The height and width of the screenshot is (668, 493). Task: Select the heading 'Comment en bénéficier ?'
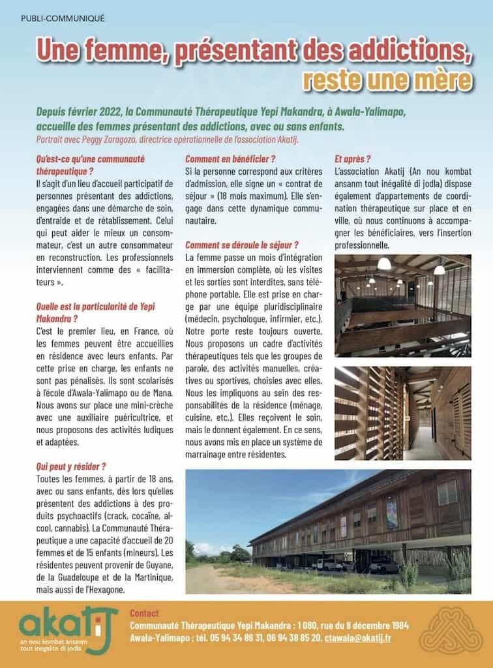coord(230,159)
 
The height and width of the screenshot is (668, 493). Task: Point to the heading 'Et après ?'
coord(352,159)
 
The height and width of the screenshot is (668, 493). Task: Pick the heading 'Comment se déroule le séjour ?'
coord(242,245)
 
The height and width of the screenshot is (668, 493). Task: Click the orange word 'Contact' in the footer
coord(144,613)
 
